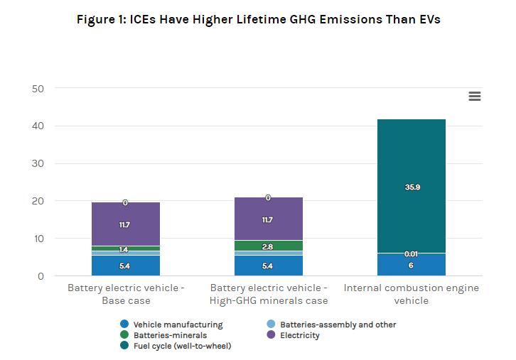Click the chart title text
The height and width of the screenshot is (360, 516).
click(x=258, y=19)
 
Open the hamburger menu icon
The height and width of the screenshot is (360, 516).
click(x=475, y=97)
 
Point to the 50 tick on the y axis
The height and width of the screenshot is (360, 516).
click(x=38, y=89)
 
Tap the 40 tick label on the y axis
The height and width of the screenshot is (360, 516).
click(x=38, y=126)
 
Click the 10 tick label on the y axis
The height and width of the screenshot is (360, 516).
click(x=38, y=239)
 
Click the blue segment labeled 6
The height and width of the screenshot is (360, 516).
click(x=412, y=265)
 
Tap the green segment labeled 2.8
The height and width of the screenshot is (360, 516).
click(x=268, y=246)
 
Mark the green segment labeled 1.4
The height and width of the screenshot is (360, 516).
click(x=126, y=249)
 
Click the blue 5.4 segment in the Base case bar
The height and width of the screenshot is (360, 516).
click(x=126, y=266)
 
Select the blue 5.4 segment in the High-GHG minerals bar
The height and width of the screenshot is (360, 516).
click(x=268, y=266)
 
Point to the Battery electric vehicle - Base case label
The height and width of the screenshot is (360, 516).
click(x=125, y=294)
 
